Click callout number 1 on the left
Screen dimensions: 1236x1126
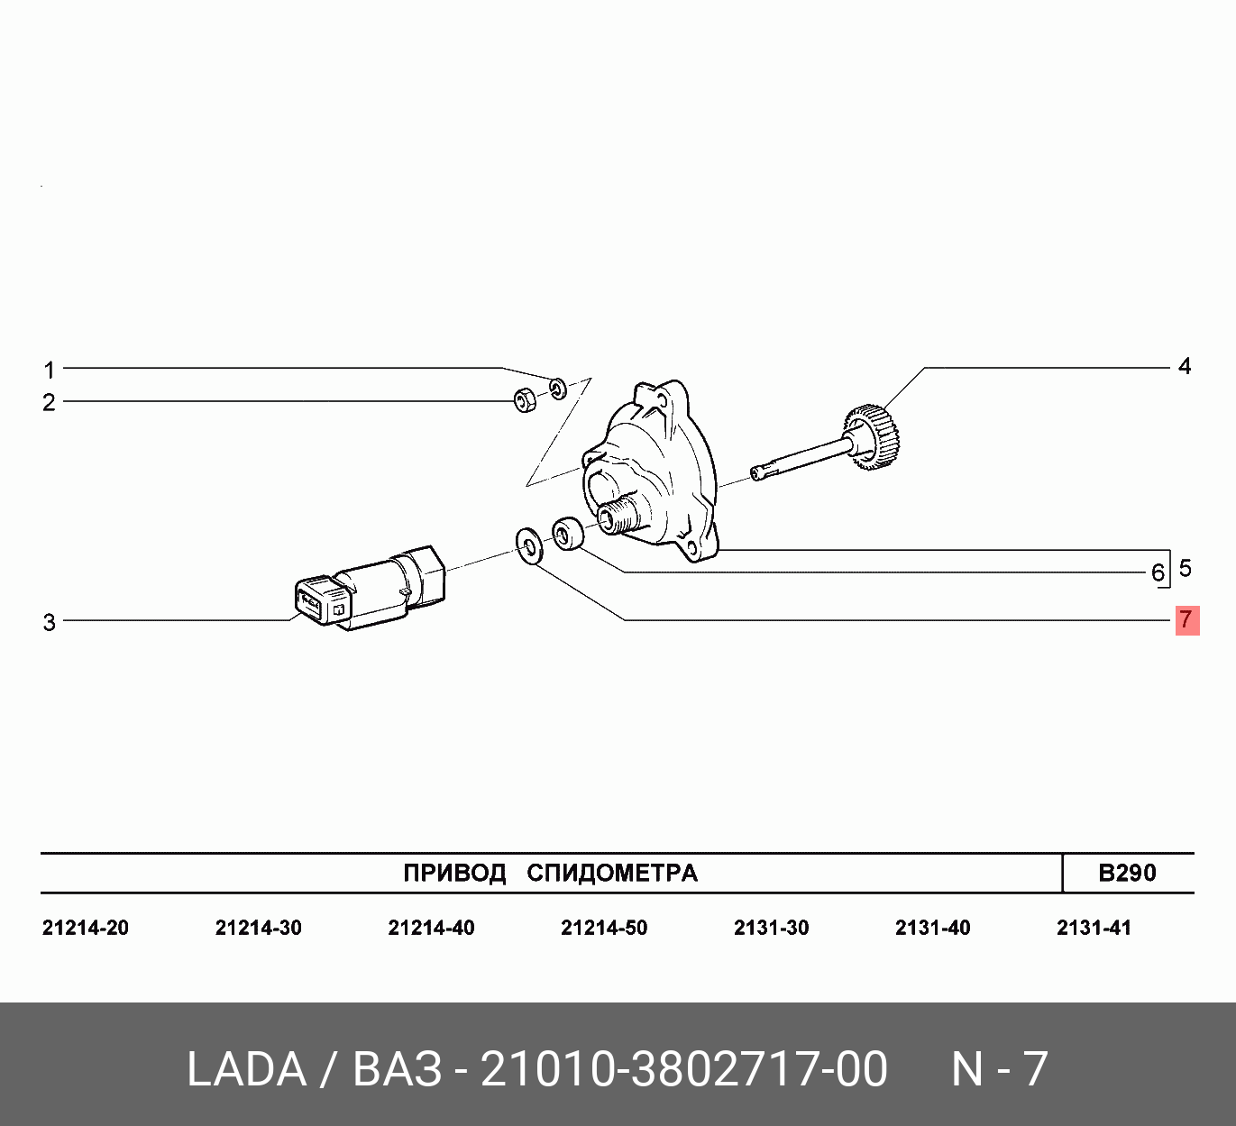point(50,371)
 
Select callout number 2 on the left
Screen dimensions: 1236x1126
point(50,402)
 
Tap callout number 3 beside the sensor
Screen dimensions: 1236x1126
point(50,622)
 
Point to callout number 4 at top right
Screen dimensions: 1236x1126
point(1185,367)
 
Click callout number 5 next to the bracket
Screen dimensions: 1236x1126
point(1185,568)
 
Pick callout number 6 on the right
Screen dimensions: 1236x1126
point(1158,573)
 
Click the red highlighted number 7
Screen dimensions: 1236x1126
point(1187,620)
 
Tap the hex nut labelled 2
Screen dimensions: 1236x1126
point(525,400)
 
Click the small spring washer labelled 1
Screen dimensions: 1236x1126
point(558,389)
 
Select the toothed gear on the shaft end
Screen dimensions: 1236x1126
point(871,437)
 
